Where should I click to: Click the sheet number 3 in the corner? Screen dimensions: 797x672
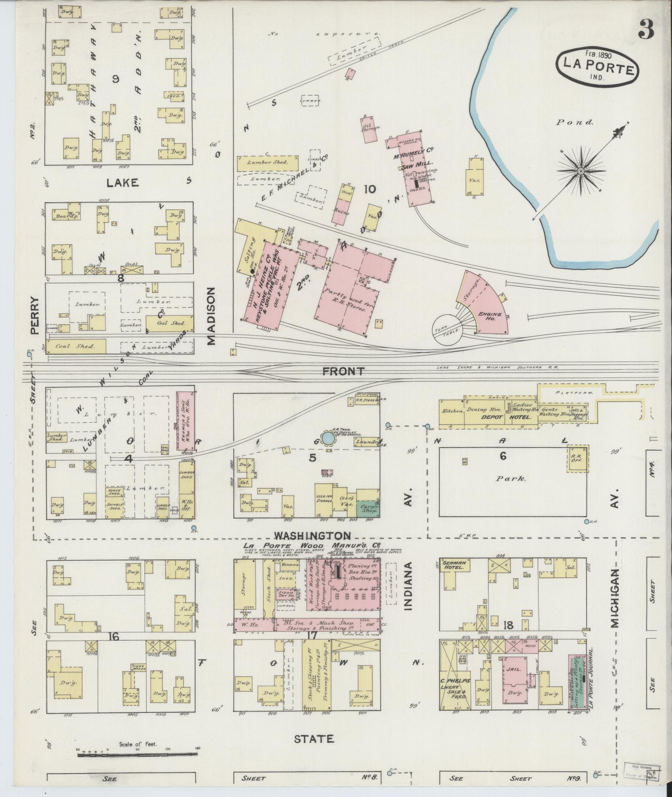click(x=645, y=29)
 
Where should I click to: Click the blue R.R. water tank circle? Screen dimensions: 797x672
click(x=328, y=438)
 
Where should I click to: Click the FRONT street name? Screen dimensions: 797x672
click(x=344, y=371)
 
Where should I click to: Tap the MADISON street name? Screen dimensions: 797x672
click(x=211, y=315)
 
